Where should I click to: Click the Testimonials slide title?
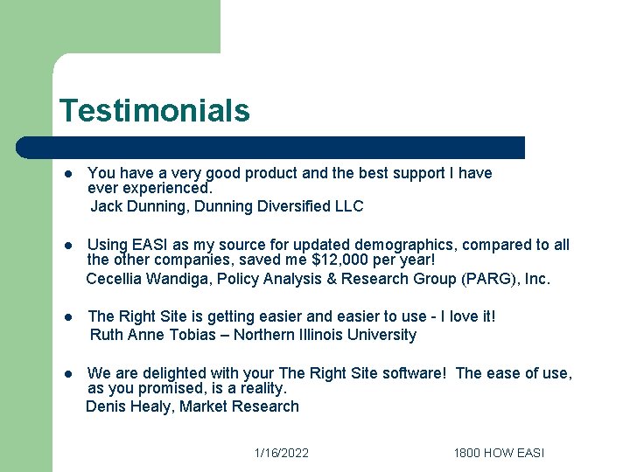154,111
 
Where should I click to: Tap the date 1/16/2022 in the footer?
281,453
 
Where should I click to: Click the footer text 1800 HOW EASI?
499,453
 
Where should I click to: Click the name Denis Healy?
129,406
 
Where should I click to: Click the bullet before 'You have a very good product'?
67,174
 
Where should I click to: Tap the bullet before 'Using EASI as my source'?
67,246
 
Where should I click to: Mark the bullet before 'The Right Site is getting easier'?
67,317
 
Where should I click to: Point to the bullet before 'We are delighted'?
67,374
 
